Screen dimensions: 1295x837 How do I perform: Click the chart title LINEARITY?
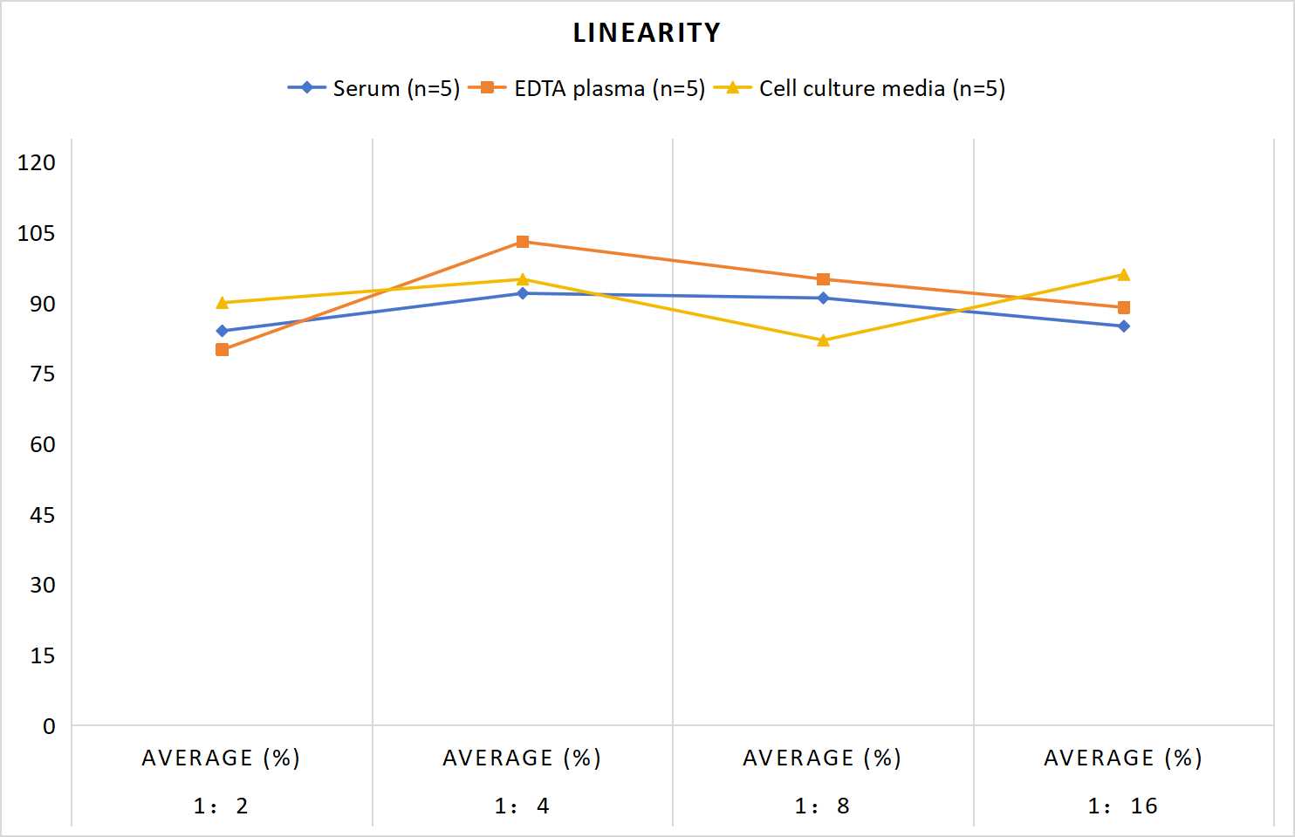647,32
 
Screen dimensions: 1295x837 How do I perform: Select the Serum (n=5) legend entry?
374,88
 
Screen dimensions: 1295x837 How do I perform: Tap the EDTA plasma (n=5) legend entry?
586,88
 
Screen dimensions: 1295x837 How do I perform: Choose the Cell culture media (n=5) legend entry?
860,88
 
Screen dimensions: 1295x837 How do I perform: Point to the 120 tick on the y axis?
37,162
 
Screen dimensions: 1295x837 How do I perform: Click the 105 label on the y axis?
37,233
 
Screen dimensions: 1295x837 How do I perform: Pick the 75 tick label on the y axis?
43,374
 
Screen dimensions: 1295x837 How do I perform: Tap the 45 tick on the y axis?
43,515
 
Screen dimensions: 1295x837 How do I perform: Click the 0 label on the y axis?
49,726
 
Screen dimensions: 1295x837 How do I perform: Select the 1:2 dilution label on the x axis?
221,806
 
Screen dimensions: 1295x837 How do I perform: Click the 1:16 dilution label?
1123,806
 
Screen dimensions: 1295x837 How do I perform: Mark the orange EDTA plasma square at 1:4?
523,241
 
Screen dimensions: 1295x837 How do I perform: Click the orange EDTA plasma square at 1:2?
222,349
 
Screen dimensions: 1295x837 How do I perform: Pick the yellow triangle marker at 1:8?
823,340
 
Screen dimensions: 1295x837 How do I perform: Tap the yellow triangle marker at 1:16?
1123,275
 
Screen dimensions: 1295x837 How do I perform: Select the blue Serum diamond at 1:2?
222,331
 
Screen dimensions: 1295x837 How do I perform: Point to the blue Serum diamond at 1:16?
1123,326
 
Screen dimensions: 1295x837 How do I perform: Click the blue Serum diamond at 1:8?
823,298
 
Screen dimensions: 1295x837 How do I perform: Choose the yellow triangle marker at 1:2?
222,302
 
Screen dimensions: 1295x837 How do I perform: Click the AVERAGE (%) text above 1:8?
822,758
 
